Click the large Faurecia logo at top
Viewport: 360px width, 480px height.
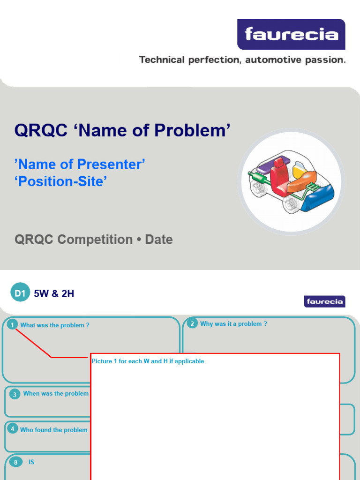291,34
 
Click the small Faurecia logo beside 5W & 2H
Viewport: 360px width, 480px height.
324,301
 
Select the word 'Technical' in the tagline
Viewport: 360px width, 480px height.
161,60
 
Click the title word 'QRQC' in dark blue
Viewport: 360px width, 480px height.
41,130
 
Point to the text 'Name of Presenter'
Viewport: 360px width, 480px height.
80,165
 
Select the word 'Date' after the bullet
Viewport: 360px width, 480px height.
158,240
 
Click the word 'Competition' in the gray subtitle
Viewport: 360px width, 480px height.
95,240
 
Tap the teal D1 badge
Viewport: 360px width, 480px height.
19,294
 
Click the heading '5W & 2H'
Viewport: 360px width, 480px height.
54,294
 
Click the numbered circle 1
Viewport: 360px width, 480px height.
12,325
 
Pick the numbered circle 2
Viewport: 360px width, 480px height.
192,323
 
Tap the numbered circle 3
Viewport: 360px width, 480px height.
15,394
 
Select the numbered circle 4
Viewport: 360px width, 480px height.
13,429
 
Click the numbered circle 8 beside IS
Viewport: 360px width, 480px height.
15,463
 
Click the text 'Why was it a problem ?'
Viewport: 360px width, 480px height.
233,324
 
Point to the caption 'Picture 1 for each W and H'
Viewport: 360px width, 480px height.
148,361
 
